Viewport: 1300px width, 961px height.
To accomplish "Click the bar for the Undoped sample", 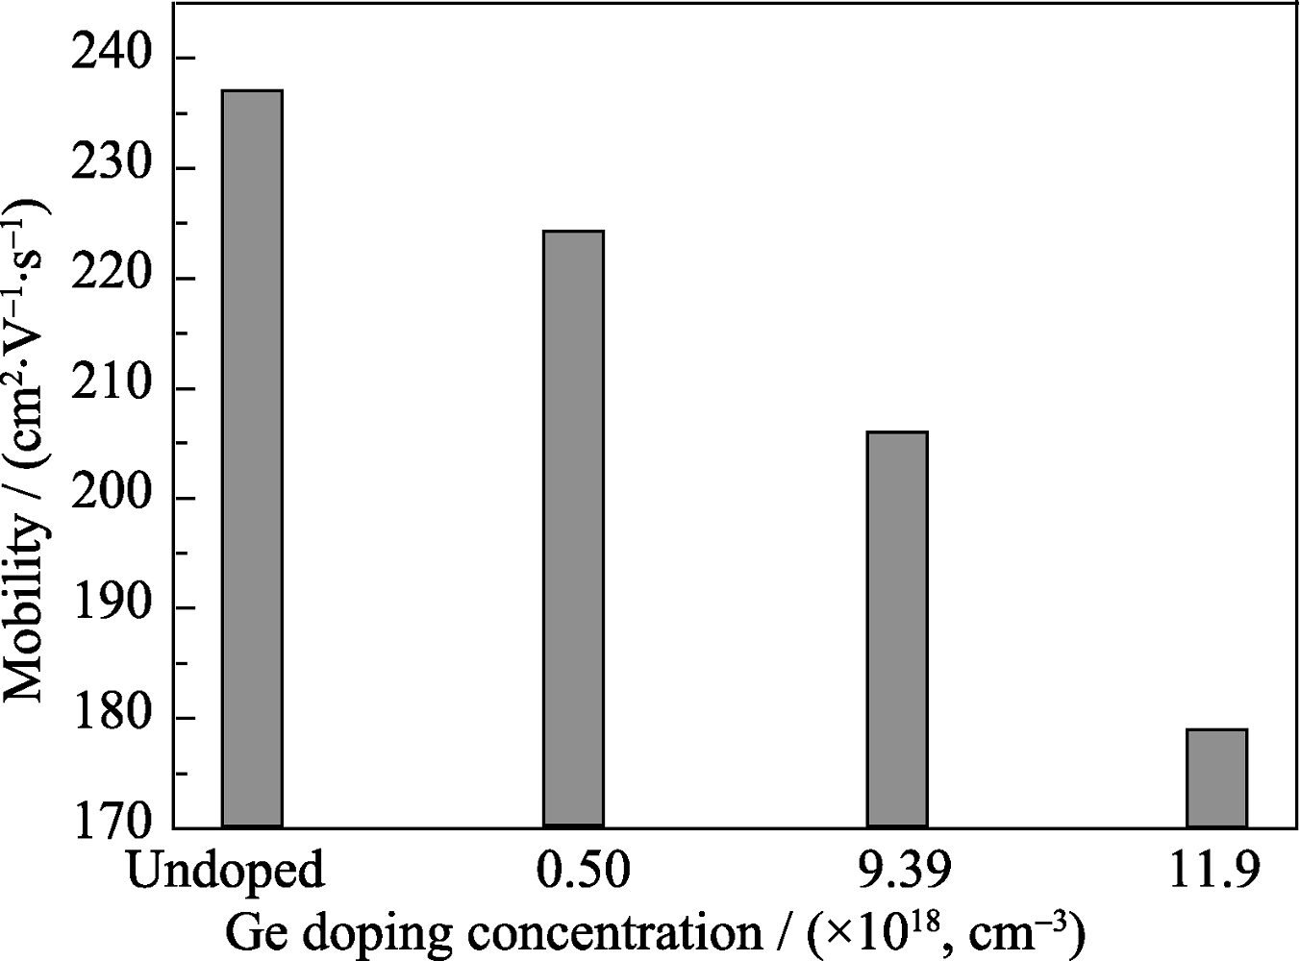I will point(252,458).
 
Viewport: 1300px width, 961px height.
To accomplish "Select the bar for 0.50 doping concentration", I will point(573,529).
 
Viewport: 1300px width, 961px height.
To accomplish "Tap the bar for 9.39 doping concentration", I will point(897,629).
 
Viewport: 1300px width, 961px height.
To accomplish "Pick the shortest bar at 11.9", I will point(1216,777).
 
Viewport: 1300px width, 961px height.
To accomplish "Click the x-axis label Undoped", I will point(224,871).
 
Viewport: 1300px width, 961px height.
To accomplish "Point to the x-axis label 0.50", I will point(574,871).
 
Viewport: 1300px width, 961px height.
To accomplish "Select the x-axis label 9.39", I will point(898,871).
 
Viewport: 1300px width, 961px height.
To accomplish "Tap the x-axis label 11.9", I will point(1215,871).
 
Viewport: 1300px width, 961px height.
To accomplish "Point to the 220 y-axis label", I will point(112,279).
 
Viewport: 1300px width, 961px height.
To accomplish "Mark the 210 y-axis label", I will point(112,389).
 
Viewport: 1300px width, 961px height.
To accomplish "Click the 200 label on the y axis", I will point(112,499).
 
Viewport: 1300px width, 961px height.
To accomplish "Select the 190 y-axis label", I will point(112,608).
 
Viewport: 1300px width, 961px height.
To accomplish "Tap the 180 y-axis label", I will point(112,719).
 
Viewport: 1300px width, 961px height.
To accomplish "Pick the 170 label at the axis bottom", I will point(112,826).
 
